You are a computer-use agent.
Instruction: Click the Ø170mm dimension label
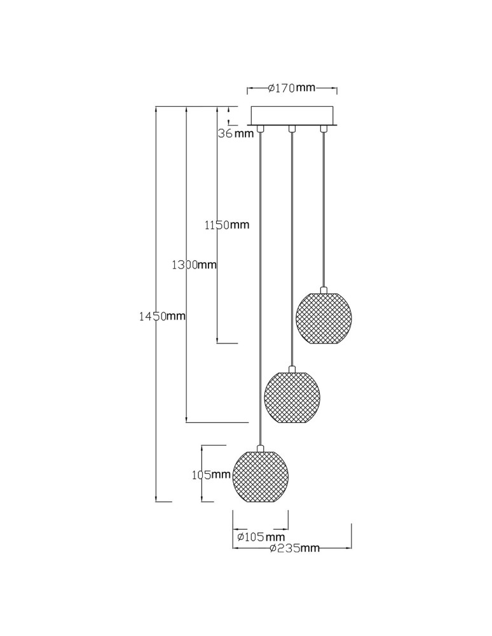click(x=292, y=88)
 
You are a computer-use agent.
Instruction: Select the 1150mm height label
click(x=227, y=225)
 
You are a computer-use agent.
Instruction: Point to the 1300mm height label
click(x=194, y=265)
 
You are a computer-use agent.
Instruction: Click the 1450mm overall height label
click(x=162, y=316)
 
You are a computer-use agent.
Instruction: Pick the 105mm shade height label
click(x=211, y=474)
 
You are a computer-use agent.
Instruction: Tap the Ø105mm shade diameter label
click(x=261, y=537)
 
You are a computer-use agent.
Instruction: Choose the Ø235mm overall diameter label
click(x=295, y=548)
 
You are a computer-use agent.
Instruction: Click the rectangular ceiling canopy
click(x=292, y=116)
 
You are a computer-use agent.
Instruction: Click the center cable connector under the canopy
click(x=291, y=128)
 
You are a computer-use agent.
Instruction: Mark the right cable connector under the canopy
click(x=324, y=128)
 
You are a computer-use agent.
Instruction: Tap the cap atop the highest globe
click(x=324, y=289)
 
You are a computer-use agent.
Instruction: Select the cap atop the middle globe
click(x=291, y=369)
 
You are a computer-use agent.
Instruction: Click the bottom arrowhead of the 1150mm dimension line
click(x=217, y=340)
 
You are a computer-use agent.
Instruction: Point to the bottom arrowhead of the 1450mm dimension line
click(x=156, y=498)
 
